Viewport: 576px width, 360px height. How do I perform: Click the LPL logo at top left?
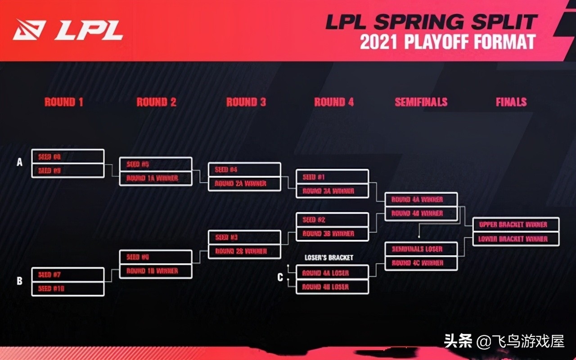[67, 30]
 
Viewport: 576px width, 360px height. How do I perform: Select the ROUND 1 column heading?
[63, 102]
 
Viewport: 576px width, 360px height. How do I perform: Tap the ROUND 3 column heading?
[246, 102]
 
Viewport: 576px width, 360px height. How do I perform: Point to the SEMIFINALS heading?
[421, 102]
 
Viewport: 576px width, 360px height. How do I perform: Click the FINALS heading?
[511, 102]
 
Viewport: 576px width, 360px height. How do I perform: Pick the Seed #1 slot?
[332, 177]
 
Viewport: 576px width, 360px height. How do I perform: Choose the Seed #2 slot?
[332, 220]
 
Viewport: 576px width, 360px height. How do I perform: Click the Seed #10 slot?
[68, 288]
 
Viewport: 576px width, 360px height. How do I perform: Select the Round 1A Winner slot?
[156, 178]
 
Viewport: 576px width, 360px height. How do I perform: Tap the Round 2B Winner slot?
[244, 251]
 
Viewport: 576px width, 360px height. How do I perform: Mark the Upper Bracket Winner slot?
[516, 225]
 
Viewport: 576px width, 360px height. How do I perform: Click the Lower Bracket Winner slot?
[516, 239]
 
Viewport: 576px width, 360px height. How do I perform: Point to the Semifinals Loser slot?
[421, 249]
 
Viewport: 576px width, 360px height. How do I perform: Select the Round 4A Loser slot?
[332, 273]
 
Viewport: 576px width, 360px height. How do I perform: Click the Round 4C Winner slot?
[421, 263]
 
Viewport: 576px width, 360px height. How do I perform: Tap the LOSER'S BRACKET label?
[329, 258]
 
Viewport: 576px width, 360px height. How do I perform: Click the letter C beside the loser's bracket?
[280, 278]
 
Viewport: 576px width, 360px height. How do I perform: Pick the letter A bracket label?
[19, 162]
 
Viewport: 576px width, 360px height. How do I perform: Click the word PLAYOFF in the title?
[434, 42]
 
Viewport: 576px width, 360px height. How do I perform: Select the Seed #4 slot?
[244, 170]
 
